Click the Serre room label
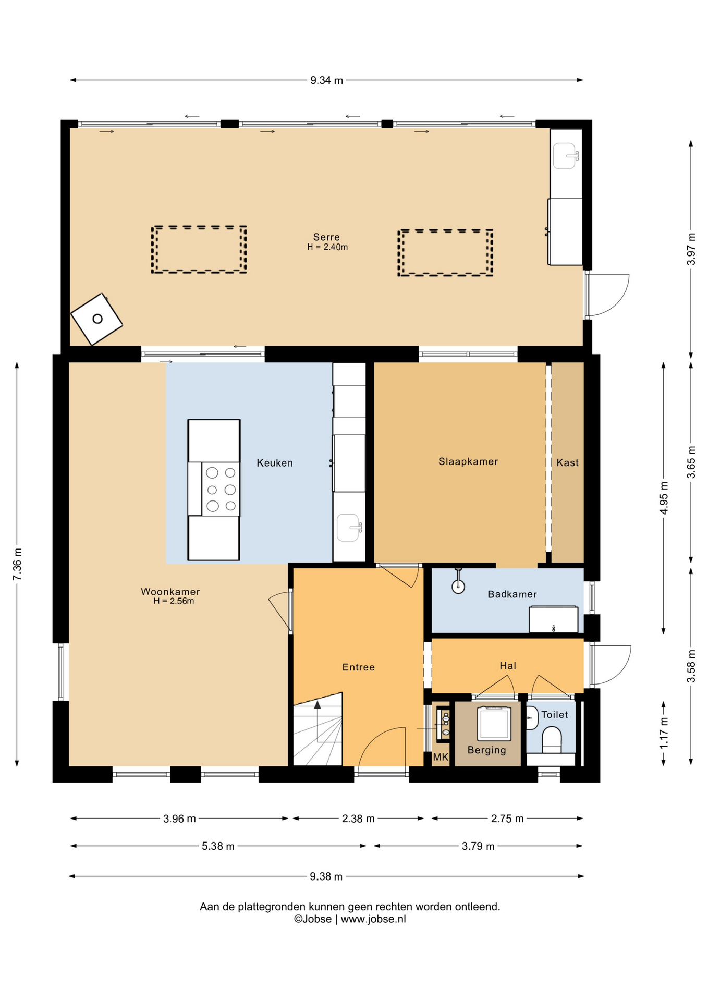(326, 237)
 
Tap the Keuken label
(275, 463)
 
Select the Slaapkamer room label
(468, 461)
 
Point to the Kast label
(568, 462)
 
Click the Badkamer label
(512, 594)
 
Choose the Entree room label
(359, 667)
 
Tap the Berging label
(487, 750)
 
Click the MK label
(441, 757)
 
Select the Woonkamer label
(170, 592)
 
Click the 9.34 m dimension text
(327, 80)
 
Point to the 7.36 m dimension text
(17, 564)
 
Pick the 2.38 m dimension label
(358, 819)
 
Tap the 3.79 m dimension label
(478, 846)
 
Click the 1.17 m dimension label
(664, 733)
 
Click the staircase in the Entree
(318, 730)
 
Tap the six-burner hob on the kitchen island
(221, 489)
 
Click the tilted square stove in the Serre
(96, 319)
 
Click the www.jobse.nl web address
(373, 919)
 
